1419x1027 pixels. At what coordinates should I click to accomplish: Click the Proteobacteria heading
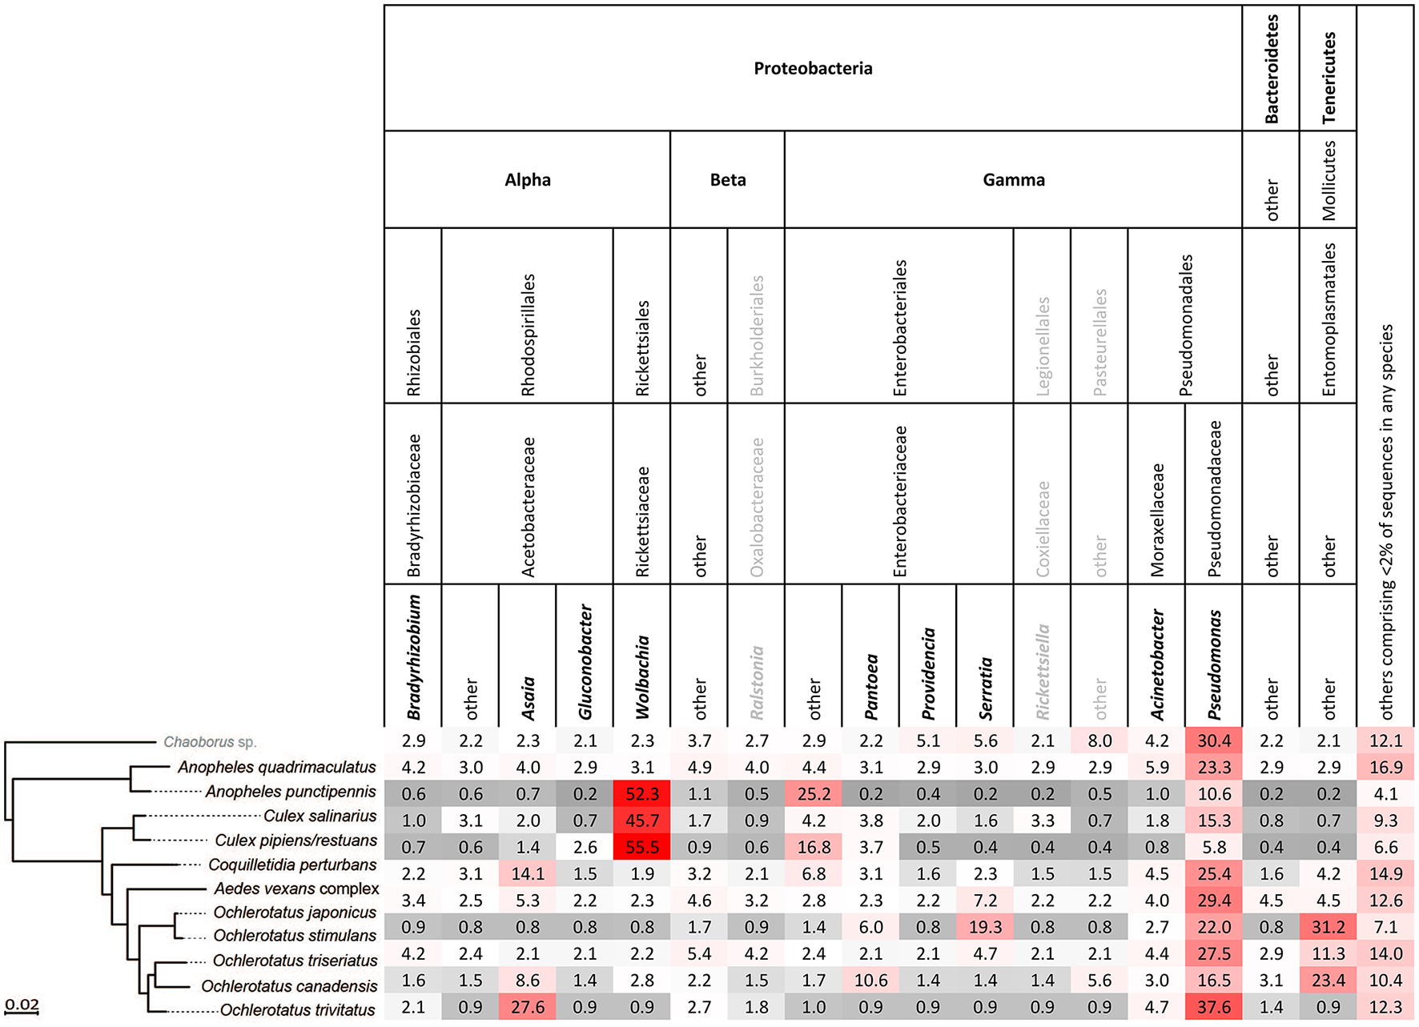(813, 68)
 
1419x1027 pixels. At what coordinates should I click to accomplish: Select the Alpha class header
(527, 179)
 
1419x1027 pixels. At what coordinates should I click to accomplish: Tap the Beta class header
(727, 179)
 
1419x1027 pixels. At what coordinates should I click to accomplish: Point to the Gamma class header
(1013, 179)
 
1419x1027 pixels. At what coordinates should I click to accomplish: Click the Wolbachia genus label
(641, 677)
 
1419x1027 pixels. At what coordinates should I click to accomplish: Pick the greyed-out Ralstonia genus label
(756, 682)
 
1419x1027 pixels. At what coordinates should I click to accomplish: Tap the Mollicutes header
(1328, 180)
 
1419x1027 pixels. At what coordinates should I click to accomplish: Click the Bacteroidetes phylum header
(1271, 68)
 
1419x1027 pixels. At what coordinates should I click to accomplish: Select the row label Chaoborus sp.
(210, 742)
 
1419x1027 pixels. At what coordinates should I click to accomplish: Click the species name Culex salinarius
(320, 816)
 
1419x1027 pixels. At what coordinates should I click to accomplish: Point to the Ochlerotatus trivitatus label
(297, 1010)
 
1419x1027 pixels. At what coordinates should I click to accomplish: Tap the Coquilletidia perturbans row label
(292, 865)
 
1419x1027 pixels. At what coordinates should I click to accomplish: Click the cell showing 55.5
(641, 847)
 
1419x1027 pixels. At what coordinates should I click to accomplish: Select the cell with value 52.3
(641, 794)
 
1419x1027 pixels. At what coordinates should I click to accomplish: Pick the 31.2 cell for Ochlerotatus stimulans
(1328, 927)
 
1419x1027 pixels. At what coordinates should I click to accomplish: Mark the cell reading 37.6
(1213, 1007)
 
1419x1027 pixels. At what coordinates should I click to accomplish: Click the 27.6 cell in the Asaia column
(527, 1007)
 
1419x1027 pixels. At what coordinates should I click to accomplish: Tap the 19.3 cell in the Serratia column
(985, 927)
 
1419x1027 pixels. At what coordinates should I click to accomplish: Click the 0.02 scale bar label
(22, 1005)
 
